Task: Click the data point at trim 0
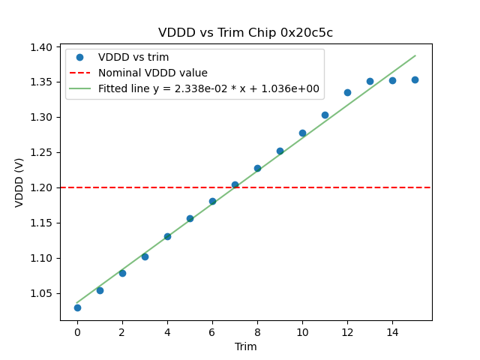77,307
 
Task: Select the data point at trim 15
415,79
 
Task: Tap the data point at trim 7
235,184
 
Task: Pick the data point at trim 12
347,92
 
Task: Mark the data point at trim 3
145,256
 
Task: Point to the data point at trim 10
302,133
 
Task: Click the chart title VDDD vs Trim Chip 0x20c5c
245,33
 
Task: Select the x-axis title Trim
245,346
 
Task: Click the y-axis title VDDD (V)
20,182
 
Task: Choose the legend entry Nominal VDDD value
153,73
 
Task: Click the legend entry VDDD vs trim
133,57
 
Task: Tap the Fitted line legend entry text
208,88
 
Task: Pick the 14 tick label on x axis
392,331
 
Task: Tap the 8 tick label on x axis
257,331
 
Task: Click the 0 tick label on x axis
77,331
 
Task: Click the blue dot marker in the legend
79,57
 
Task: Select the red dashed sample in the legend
79,73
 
